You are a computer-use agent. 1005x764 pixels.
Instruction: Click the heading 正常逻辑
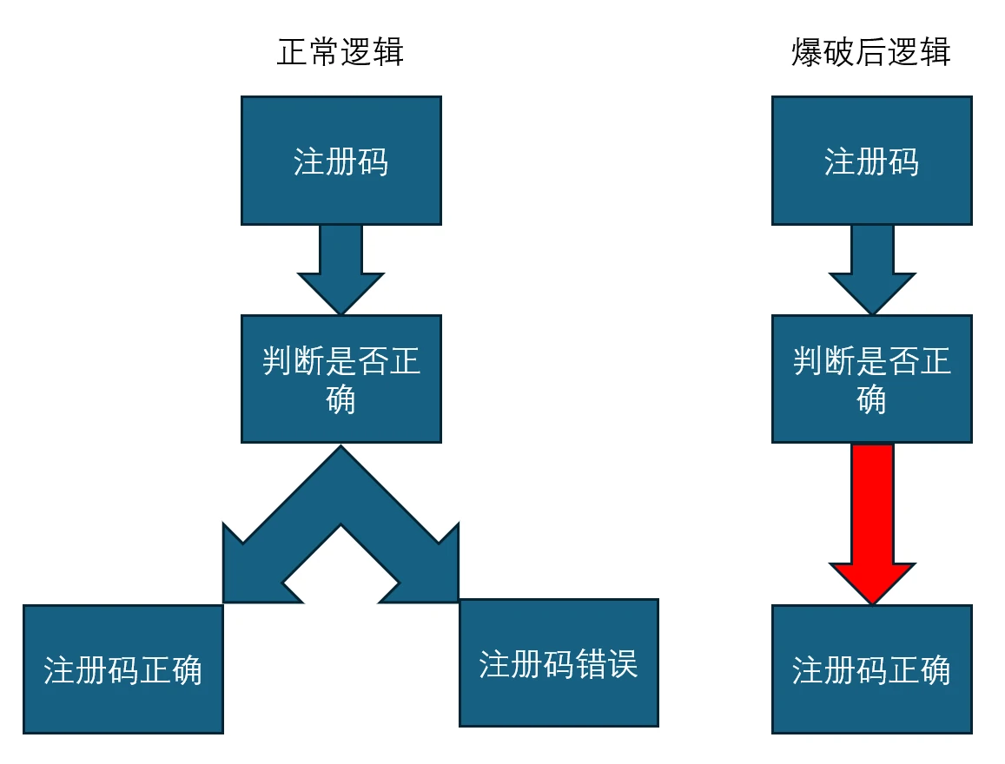pyautogui.click(x=341, y=53)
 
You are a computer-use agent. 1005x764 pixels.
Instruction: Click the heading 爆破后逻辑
pyautogui.click(x=871, y=53)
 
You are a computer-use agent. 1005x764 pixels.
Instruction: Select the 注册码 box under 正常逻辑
pyautogui.click(x=341, y=161)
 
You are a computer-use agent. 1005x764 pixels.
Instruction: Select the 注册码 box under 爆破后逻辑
pyautogui.click(x=871, y=161)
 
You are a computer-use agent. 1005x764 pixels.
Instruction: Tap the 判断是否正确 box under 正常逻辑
pyautogui.click(x=341, y=379)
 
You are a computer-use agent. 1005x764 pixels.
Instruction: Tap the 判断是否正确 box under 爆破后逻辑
pyautogui.click(x=871, y=379)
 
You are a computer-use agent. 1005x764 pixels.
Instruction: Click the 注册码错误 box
pyautogui.click(x=559, y=662)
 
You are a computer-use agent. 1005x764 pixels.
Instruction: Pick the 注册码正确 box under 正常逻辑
pyautogui.click(x=122, y=668)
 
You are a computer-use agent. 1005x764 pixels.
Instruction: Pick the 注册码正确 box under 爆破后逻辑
pyautogui.click(x=871, y=668)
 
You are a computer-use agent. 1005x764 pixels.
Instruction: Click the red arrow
pyautogui.click(x=872, y=521)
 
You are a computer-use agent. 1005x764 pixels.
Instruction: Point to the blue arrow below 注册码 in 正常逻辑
pyautogui.click(x=341, y=269)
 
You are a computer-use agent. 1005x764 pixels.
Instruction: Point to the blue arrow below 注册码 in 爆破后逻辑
pyautogui.click(x=872, y=269)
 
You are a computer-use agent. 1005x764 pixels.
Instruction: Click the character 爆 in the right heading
pyautogui.click(x=807, y=53)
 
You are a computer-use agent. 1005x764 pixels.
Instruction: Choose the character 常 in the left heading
pyautogui.click(x=325, y=53)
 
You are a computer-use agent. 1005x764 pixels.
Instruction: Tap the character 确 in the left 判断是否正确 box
pyautogui.click(x=341, y=399)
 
